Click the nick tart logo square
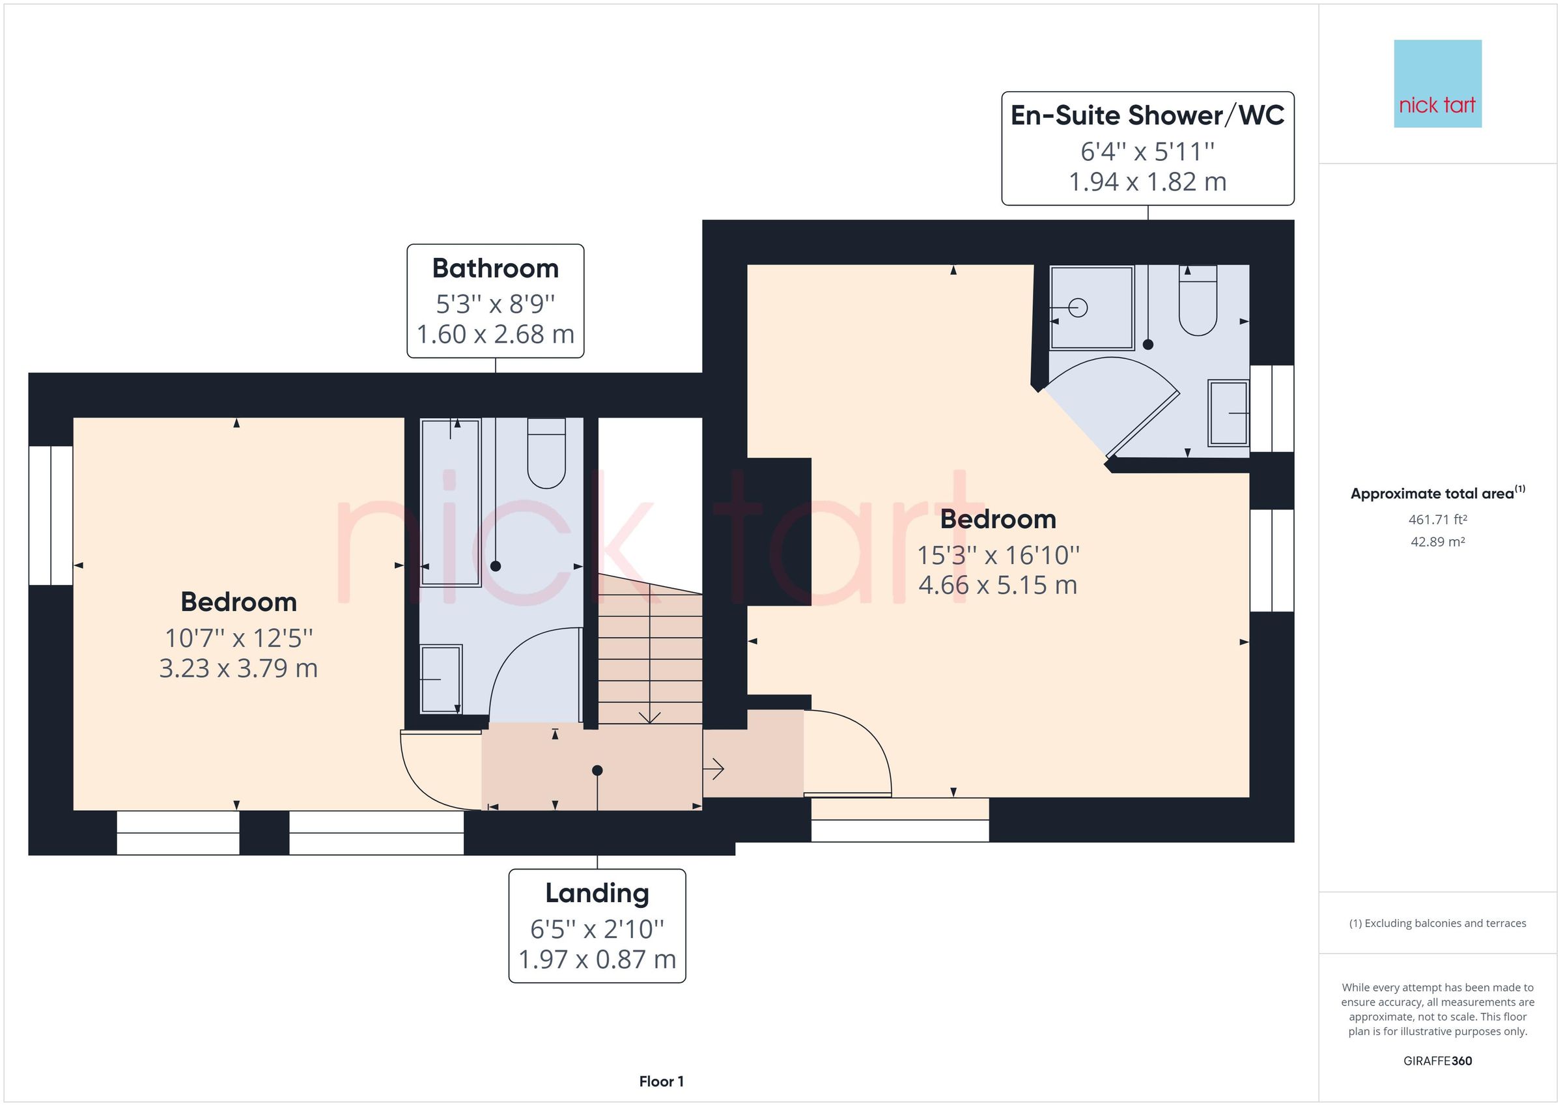pyautogui.click(x=1438, y=84)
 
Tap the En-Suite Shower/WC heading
pyautogui.click(x=1148, y=115)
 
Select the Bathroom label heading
pyautogui.click(x=496, y=268)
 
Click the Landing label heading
pyautogui.click(x=597, y=894)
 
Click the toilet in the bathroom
pyautogui.click(x=546, y=453)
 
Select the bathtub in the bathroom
pyautogui.click(x=451, y=502)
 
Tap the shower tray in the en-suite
pyautogui.click(x=1092, y=308)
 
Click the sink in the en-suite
pyautogui.click(x=1228, y=414)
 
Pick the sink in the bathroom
pyautogui.click(x=441, y=679)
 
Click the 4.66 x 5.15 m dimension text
pyautogui.click(x=998, y=585)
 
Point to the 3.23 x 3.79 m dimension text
pyautogui.click(x=238, y=668)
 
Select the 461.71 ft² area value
pyautogui.click(x=1438, y=520)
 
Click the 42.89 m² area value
pyautogui.click(x=1438, y=542)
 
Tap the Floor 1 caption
pyautogui.click(x=661, y=1081)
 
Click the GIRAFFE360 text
pyautogui.click(x=1438, y=1061)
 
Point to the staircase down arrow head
pyautogui.click(x=650, y=716)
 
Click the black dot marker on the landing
pyautogui.click(x=597, y=771)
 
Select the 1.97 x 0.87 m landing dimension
pyautogui.click(x=597, y=959)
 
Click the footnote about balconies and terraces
pyautogui.click(x=1438, y=924)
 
